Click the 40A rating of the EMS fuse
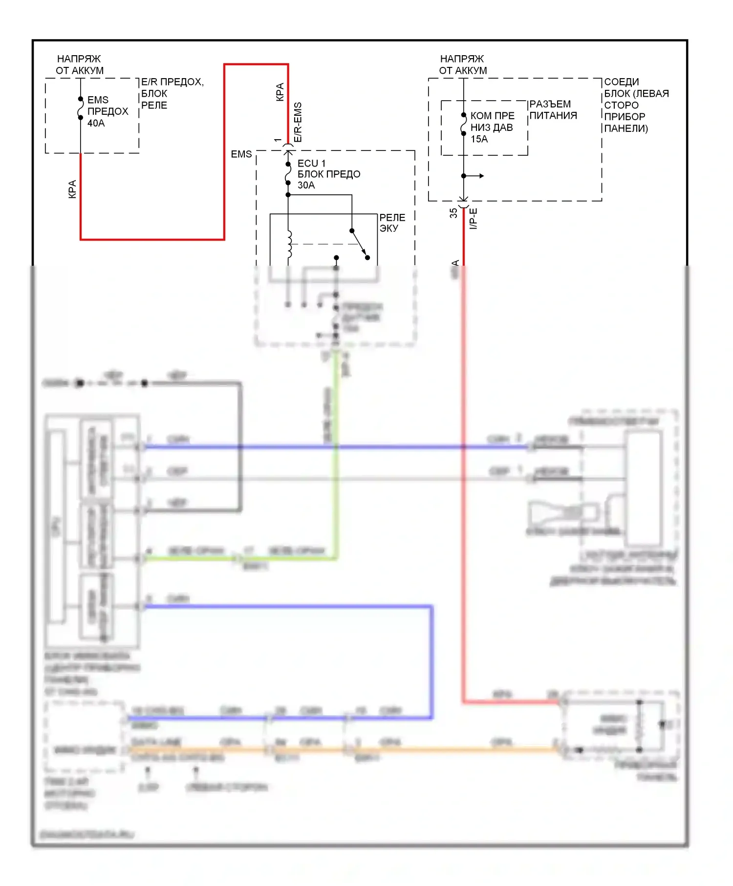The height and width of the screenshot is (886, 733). point(96,123)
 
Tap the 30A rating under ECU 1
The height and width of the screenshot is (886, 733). point(306,185)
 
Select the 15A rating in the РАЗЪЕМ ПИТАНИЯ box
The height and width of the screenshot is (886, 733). point(479,139)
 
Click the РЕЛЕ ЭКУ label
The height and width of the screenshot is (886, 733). point(392,223)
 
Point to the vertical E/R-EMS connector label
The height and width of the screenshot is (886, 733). point(298,122)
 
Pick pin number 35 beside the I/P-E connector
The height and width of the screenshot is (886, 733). point(453,213)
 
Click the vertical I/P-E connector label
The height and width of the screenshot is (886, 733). point(473,218)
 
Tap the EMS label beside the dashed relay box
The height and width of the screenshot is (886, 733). point(241,154)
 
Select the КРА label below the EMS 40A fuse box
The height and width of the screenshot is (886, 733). point(72,189)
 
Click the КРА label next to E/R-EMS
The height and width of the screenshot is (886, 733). point(280,92)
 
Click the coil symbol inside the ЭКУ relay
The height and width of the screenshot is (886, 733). point(289,244)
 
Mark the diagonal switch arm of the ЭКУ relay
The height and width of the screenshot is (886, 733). point(359,244)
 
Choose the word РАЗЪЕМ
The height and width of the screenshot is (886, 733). point(550,104)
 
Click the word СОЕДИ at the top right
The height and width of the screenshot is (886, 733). point(621,82)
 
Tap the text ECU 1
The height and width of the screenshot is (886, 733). point(311,163)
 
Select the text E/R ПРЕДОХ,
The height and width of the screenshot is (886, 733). point(172,82)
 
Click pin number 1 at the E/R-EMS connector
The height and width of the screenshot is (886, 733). point(278,140)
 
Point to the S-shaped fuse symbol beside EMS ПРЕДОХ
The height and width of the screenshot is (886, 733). point(81,108)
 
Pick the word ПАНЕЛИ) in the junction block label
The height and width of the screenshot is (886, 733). point(625,128)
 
